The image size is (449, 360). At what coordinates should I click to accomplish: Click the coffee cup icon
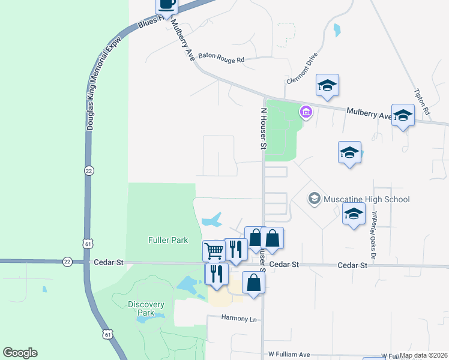(167, 5)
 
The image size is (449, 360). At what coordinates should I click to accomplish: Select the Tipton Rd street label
(423, 102)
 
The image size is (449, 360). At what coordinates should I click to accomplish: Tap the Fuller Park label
(168, 240)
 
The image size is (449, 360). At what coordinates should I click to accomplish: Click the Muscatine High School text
(366, 199)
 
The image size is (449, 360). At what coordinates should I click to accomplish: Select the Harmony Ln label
(239, 318)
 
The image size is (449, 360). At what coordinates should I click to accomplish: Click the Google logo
(20, 353)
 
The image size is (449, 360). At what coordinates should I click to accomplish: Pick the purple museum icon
(306, 112)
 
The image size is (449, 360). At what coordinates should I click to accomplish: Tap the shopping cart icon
(214, 250)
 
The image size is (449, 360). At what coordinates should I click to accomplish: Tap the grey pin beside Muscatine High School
(314, 199)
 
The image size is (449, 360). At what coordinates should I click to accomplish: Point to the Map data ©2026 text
(423, 355)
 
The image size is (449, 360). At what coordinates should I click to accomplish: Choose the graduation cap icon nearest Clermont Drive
(327, 85)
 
